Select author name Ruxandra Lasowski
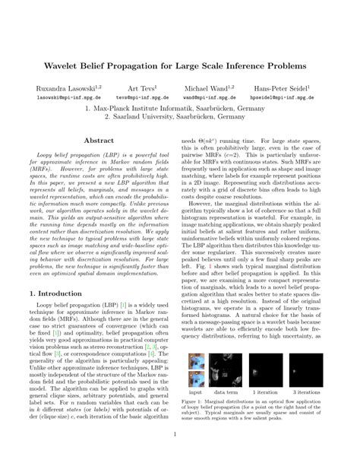coord(54,89)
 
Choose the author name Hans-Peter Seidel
coord(306,89)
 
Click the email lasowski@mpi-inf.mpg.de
coord(52,98)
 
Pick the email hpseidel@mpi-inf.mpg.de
coord(308,98)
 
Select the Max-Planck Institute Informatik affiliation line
coord(180,108)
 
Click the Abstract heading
coord(98,141)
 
